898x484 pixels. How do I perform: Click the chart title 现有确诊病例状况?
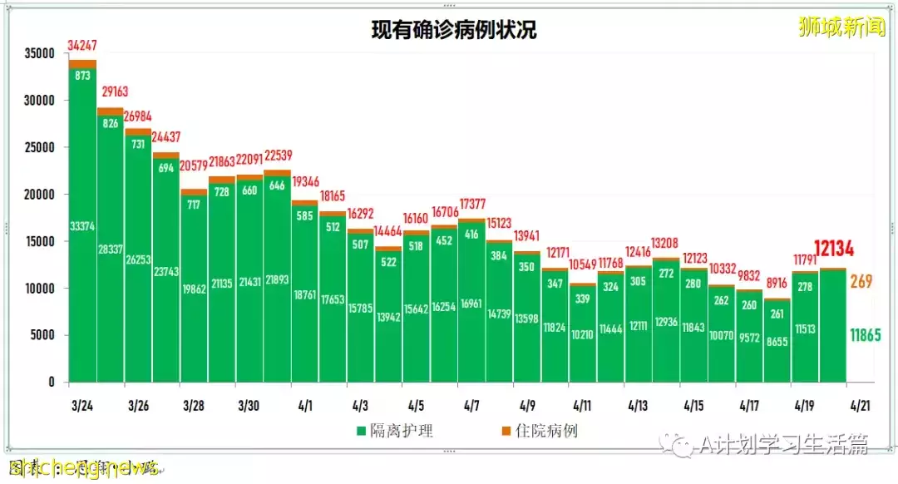tap(454, 31)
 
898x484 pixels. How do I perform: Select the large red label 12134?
tap(833, 249)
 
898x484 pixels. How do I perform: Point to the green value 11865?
tap(865, 335)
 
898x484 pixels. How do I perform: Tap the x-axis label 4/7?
tap(471, 407)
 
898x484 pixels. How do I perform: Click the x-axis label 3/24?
tap(82, 407)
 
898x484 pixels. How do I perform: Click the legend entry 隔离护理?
tap(395, 431)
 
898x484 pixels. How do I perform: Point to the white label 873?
tap(82, 75)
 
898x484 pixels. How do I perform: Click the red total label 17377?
tap(471, 204)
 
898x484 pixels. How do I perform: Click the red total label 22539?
tap(277, 156)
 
